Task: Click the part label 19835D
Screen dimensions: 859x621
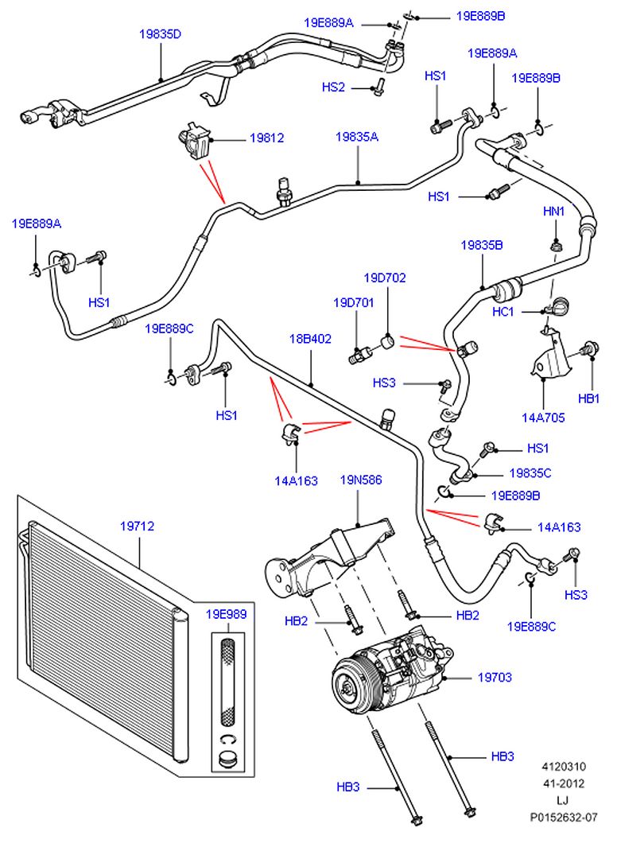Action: [160, 34]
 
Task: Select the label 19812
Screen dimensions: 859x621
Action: [266, 138]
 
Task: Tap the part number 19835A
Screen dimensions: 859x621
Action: [356, 137]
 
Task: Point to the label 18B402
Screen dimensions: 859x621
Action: [310, 338]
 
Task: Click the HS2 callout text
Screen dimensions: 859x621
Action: [333, 87]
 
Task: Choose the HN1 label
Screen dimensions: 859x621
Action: [553, 212]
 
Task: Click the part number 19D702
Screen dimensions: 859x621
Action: [385, 278]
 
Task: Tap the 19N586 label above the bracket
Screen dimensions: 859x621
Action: [361, 480]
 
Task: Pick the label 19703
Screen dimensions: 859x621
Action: [494, 678]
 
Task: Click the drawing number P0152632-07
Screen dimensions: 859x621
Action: [564, 817]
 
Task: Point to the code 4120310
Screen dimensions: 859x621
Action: [564, 767]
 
